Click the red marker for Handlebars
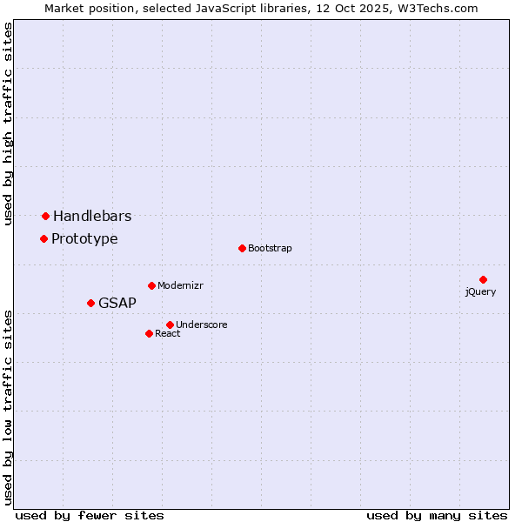pos(45,216)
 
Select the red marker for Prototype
pos(43,238)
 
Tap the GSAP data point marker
pos(90,303)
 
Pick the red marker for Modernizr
pos(151,285)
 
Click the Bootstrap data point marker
pos(242,248)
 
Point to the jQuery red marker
pos(483,279)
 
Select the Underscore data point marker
pos(170,325)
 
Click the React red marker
pos(149,333)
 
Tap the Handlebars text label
pos(92,216)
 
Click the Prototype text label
pos(84,238)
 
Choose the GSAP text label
pos(117,303)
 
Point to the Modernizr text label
pos(180,285)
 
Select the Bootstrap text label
pos(270,248)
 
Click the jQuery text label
pos(480,291)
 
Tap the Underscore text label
pos(202,325)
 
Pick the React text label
pos(168,333)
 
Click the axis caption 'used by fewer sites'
pos(90,515)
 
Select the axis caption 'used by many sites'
pos(437,515)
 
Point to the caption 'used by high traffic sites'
pos(9,124)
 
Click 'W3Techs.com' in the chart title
pos(437,8)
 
